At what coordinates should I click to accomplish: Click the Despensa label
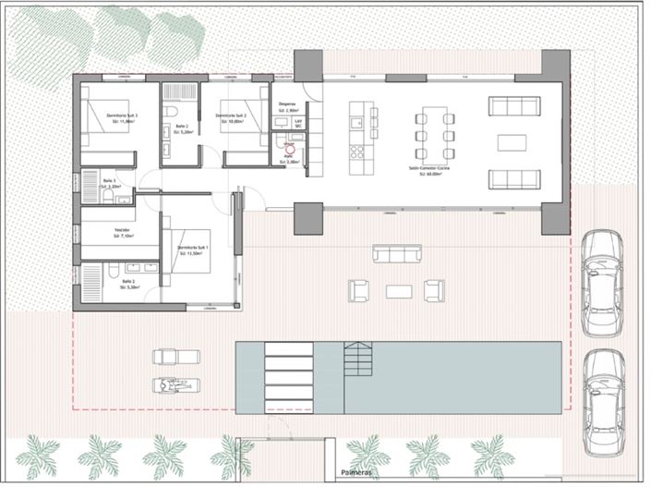(287, 105)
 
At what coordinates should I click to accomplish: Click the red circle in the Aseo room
(289, 148)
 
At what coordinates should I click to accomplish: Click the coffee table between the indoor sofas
(512, 142)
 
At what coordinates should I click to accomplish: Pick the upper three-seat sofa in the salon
(512, 107)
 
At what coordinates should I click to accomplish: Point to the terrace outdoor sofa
(397, 253)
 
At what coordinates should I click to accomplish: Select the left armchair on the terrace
(358, 290)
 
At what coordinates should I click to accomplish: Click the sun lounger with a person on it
(174, 385)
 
